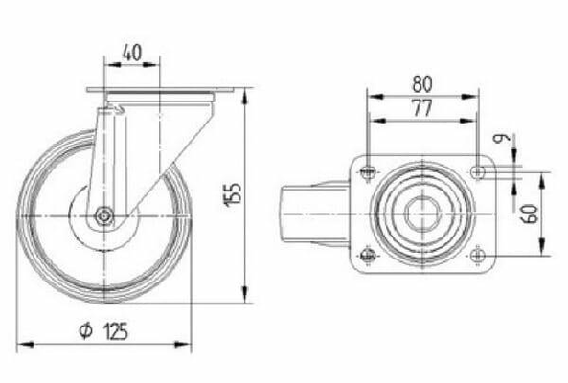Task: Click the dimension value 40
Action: pyautogui.click(x=131, y=53)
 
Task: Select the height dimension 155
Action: pyautogui.click(x=233, y=195)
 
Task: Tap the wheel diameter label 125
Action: pyautogui.click(x=116, y=331)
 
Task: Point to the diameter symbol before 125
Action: pyautogui.click(x=86, y=330)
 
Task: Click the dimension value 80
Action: pyautogui.click(x=422, y=83)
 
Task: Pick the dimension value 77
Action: pyautogui.click(x=422, y=108)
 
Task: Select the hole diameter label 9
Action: pyautogui.click(x=502, y=138)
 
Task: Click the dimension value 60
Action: pyautogui.click(x=530, y=214)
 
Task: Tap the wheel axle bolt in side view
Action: pyautogui.click(x=104, y=216)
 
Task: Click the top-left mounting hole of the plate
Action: pyautogui.click(x=368, y=171)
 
